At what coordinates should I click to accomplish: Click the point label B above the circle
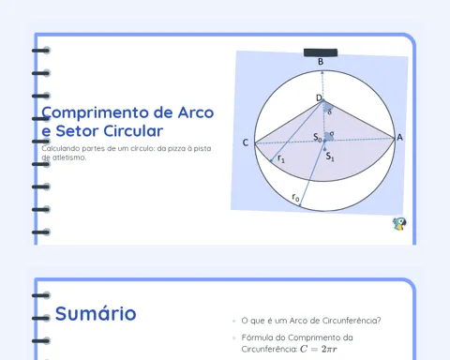pos(321,62)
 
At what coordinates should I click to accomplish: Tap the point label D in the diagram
pos(319,97)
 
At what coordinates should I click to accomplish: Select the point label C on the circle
pos(246,142)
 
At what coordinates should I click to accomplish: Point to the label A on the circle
pos(399,138)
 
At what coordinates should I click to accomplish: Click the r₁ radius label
pos(281,158)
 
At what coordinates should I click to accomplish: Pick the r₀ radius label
pos(295,198)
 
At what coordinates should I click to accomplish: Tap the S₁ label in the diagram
pos(330,157)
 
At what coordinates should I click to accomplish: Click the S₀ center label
pos(318,137)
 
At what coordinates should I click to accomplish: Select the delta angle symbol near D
pos(329,112)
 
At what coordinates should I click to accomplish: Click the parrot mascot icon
pos(399,224)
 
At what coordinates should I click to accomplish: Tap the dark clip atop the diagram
pos(321,52)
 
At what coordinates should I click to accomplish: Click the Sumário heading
pos(96,313)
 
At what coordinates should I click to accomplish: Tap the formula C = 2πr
pos(319,349)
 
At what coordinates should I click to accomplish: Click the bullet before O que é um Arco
pos(233,321)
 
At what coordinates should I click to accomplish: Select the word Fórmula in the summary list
pos(255,337)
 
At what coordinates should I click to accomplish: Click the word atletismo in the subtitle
pos(69,157)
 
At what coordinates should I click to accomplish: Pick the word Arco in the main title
pos(196,112)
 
